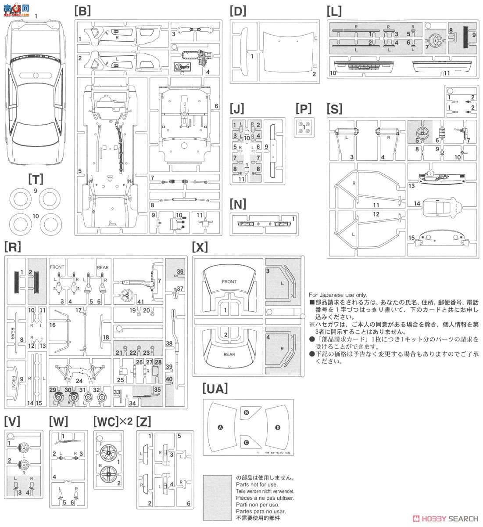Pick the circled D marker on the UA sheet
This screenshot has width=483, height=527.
[277, 427]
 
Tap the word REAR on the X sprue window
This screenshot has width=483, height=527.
[229, 354]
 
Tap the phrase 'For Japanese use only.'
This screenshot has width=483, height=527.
[338, 295]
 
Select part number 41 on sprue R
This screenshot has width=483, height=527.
[140, 301]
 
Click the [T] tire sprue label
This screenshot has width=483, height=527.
[35, 179]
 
